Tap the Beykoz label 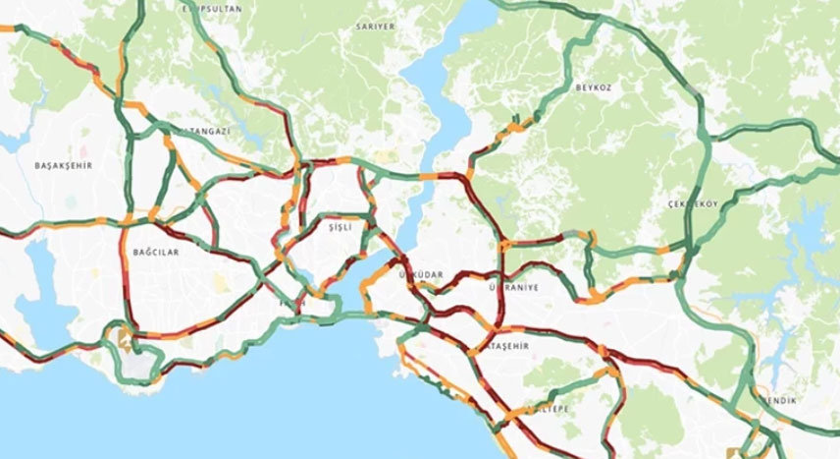point(594,87)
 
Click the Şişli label point(350,227)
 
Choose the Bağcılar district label point(155,252)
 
